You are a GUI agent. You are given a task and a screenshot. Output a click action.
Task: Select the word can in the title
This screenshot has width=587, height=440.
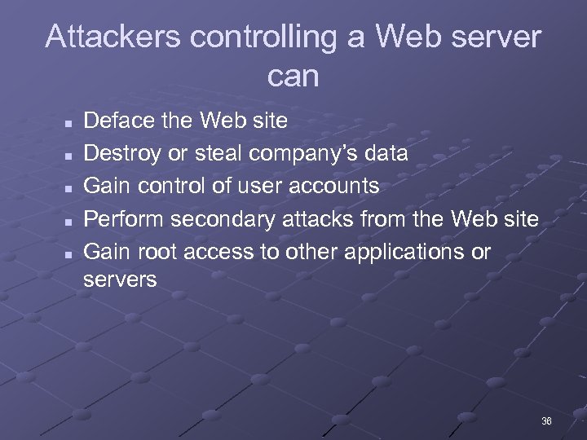pos(293,77)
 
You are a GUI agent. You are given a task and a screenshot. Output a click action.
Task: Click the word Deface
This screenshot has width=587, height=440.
pos(113,121)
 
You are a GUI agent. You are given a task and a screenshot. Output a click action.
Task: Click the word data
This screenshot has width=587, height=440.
pos(386,154)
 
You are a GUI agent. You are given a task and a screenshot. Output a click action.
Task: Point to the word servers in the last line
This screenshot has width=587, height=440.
pos(120,280)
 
